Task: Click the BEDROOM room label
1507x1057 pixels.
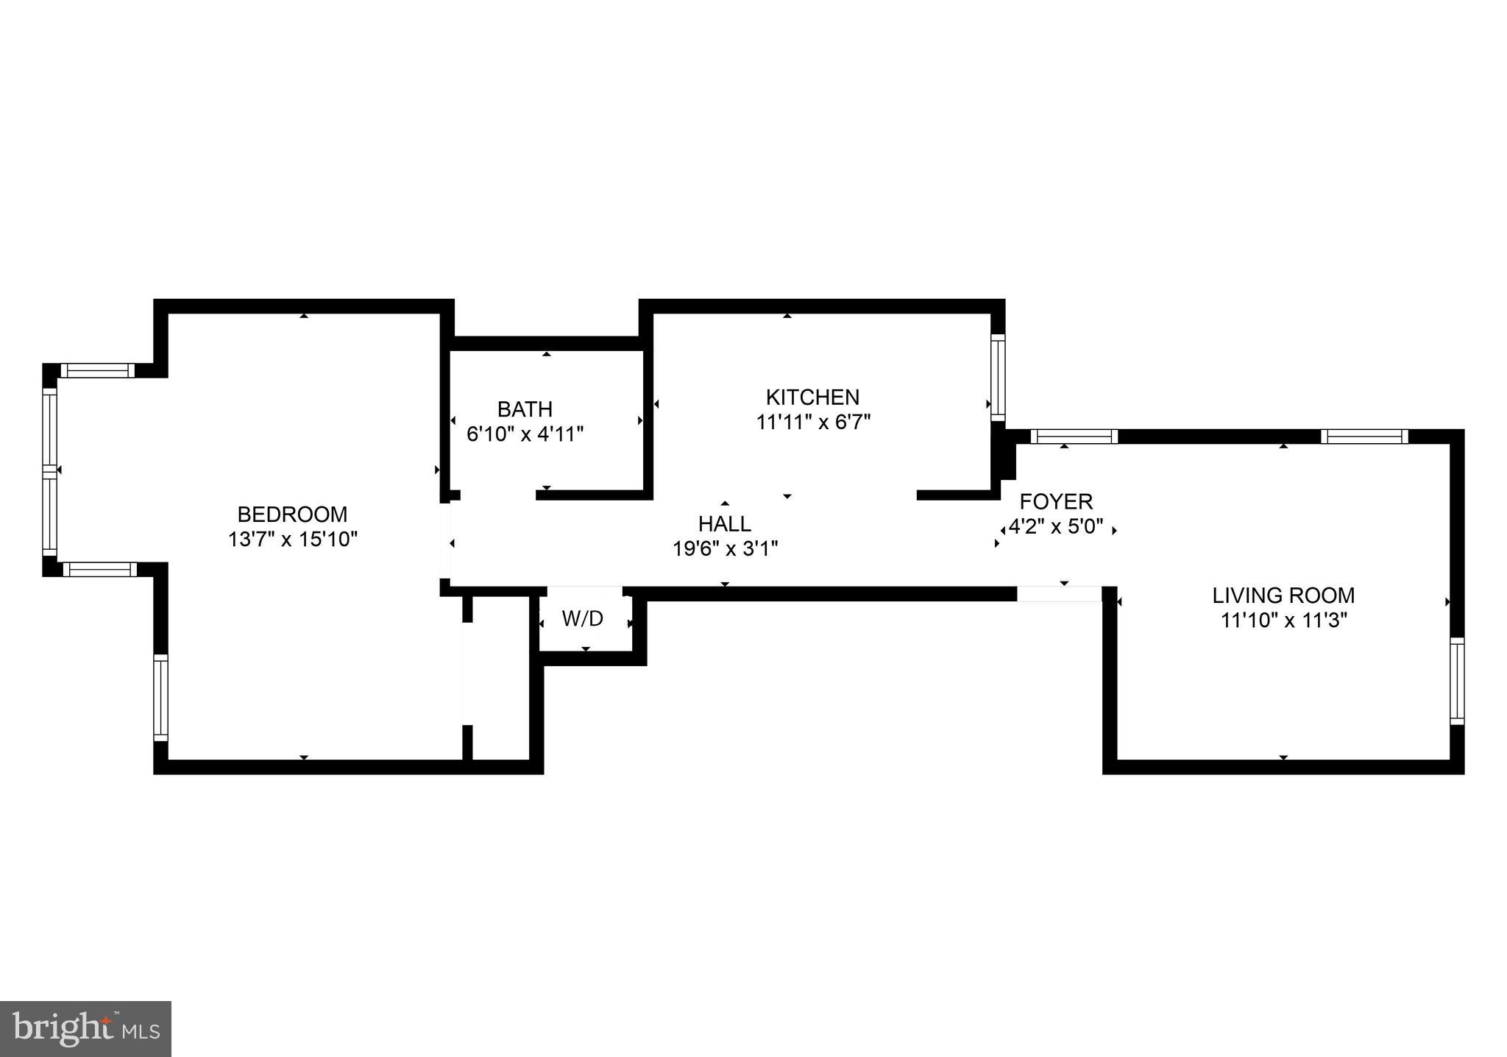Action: tap(292, 514)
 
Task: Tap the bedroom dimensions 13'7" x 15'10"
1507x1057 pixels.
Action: tap(292, 540)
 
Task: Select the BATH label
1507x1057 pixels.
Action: tap(525, 409)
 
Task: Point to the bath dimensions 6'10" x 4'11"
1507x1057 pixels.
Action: tap(525, 434)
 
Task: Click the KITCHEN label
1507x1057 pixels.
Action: tap(812, 397)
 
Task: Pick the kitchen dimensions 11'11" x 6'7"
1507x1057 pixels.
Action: tap(813, 423)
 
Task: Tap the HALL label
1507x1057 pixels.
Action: tap(725, 524)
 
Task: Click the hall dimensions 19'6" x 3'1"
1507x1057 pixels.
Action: tap(725, 549)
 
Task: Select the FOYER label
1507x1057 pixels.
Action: tap(1056, 502)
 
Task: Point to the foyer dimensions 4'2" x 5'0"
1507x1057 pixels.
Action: tap(1056, 527)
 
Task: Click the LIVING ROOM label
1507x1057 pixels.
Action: tap(1283, 595)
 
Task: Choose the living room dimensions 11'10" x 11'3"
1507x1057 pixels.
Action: tap(1283, 621)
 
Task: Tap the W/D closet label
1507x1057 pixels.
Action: tap(582, 619)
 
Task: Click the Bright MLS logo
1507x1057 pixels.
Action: tap(85, 1028)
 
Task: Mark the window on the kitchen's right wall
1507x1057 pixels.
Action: tap(998, 377)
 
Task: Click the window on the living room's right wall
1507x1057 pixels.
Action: tap(1457, 681)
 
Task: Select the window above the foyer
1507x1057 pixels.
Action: tap(1074, 436)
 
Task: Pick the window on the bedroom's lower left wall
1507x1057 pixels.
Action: tap(160, 697)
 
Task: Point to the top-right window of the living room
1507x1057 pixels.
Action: tap(1364, 436)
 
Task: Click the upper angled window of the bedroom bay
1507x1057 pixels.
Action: tap(97, 370)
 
